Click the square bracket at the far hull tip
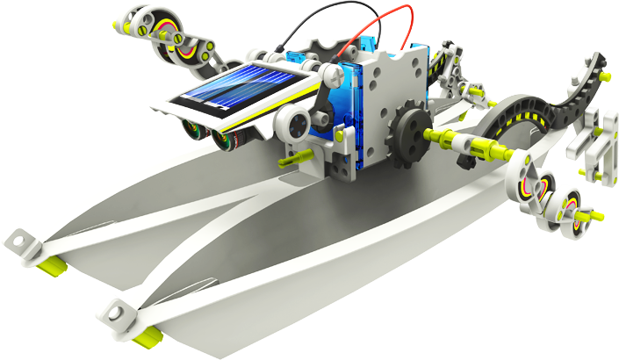pyautogui.click(x=22, y=238)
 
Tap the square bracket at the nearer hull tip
pyautogui.click(x=119, y=308)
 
